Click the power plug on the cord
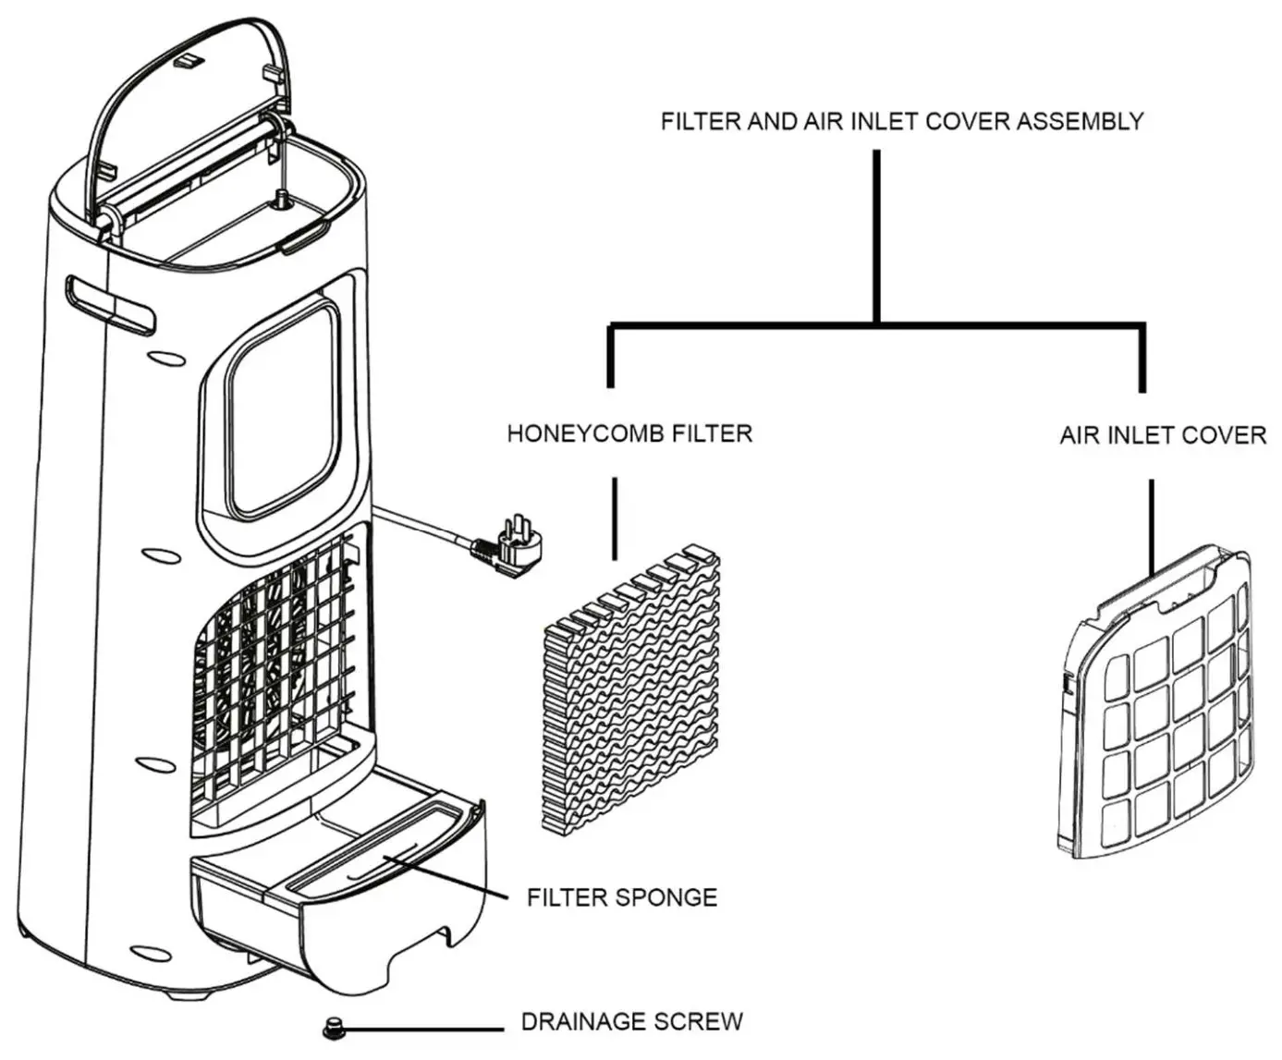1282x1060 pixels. pos(507,548)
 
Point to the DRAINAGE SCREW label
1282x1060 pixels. pos(631,1021)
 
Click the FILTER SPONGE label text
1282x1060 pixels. pos(621,897)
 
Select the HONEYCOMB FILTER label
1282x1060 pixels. pos(629,433)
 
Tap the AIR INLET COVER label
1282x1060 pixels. pos(1162,435)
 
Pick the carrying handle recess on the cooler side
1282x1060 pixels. pos(109,304)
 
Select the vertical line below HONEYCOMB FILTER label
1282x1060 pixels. pos(615,518)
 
